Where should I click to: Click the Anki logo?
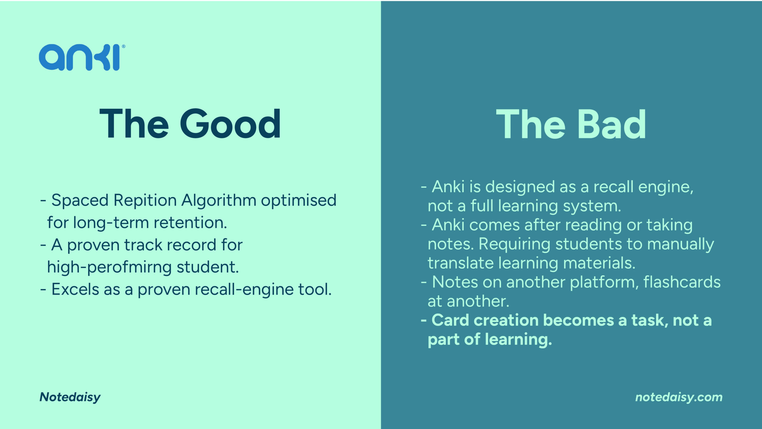tap(80, 57)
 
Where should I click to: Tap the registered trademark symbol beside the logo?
tap(124, 46)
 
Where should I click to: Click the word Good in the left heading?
tap(230, 124)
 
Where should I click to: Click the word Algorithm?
tap(219, 200)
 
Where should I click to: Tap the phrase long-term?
tap(111, 223)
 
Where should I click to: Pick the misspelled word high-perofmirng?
tap(109, 267)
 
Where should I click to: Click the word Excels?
tap(75, 289)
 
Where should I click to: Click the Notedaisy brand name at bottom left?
tap(70, 397)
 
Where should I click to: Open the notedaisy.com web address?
tap(679, 397)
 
